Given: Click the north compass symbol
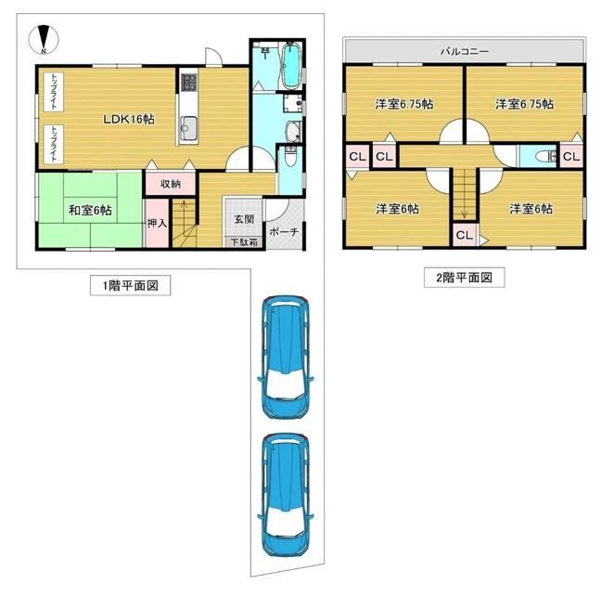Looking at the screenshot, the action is click(x=44, y=40).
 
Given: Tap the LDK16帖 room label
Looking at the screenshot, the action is click(x=129, y=119).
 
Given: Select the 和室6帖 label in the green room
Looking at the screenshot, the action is click(x=90, y=210).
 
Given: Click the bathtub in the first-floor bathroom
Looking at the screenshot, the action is click(x=291, y=66).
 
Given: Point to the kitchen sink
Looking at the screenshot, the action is click(x=188, y=127).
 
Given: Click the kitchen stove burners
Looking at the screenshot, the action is click(x=188, y=83).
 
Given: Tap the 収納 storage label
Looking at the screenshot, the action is click(x=171, y=184).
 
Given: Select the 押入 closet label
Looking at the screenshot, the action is click(x=157, y=224).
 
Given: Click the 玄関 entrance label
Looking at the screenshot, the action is click(x=244, y=219).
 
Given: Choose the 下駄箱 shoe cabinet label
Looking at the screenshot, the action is click(x=244, y=242).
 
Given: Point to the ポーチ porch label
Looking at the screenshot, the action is click(x=284, y=231).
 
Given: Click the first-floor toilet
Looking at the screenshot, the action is click(x=290, y=156).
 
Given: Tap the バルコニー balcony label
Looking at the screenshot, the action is click(x=465, y=51).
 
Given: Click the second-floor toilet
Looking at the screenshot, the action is click(x=546, y=157).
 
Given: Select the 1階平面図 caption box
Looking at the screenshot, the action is click(x=131, y=285).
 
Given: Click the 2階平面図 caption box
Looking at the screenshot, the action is click(x=464, y=278).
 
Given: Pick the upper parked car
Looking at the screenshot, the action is click(x=286, y=357).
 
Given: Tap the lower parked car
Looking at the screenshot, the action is click(x=286, y=495).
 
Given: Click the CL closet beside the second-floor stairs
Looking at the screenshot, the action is click(x=465, y=235).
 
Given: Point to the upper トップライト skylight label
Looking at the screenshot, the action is click(x=54, y=92).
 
